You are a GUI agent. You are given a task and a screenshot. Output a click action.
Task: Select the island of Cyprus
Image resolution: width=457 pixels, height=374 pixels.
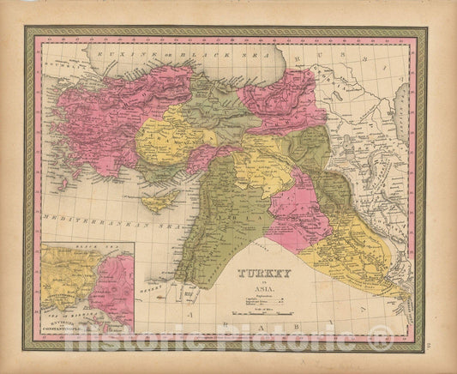coord(161,198)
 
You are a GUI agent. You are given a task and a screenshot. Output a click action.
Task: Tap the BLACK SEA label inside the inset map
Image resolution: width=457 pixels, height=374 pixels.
coord(86,250)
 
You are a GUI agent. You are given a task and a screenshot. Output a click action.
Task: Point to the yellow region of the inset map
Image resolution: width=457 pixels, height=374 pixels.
coord(64,279)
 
